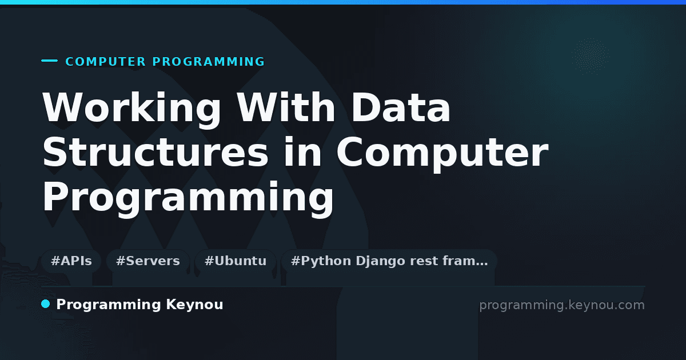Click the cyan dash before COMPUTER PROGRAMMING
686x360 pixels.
pos(49,61)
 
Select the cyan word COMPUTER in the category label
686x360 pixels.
pos(105,62)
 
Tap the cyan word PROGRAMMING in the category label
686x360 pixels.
pos(208,62)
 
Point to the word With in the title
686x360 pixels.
pos(286,107)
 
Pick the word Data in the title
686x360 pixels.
pos(401,107)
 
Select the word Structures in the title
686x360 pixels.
pos(155,152)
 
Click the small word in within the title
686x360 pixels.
pos(302,151)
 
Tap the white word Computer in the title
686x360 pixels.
pos(442,154)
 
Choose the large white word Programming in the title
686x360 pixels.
pos(188,199)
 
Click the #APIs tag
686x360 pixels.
pos(71,261)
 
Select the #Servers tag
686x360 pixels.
pos(148,261)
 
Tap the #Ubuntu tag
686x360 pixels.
pos(236,261)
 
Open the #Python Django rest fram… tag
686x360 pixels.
pos(389,261)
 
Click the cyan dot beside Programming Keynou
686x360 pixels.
pos(45,304)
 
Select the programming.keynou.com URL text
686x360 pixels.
pos(561,306)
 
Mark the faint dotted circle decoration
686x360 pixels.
pos(591,57)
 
